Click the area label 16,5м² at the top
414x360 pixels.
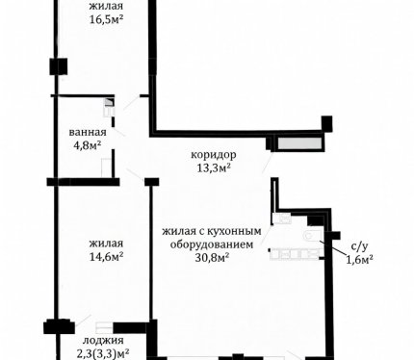106,19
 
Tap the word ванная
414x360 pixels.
88,132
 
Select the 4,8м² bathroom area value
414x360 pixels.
88,145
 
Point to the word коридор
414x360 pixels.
214,155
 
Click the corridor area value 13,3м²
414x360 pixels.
214,167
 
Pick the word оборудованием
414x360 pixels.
212,244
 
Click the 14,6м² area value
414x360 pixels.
107,257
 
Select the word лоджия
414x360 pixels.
103,341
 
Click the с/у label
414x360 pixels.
359,246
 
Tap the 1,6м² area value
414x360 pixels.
359,259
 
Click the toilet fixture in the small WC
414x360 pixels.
312,235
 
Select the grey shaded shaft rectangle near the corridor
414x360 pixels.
299,143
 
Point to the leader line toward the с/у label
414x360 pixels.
332,246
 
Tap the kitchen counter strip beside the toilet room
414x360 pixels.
295,254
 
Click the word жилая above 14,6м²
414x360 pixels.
106,244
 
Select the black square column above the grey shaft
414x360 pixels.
327,123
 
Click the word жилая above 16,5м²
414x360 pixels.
106,7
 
